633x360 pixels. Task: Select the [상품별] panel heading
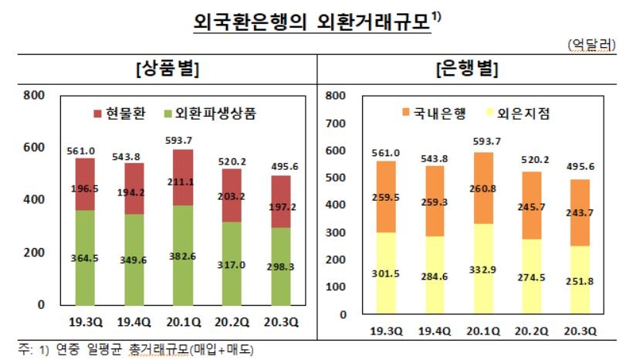tap(167, 69)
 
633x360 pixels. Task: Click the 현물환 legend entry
tap(119, 113)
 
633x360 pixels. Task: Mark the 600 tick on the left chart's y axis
tap(36, 148)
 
